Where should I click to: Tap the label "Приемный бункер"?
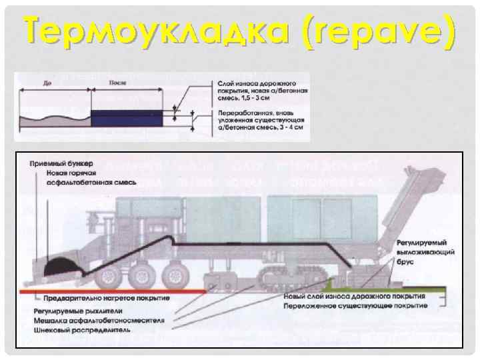click(61, 163)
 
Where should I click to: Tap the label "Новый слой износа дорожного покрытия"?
click(354, 297)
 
